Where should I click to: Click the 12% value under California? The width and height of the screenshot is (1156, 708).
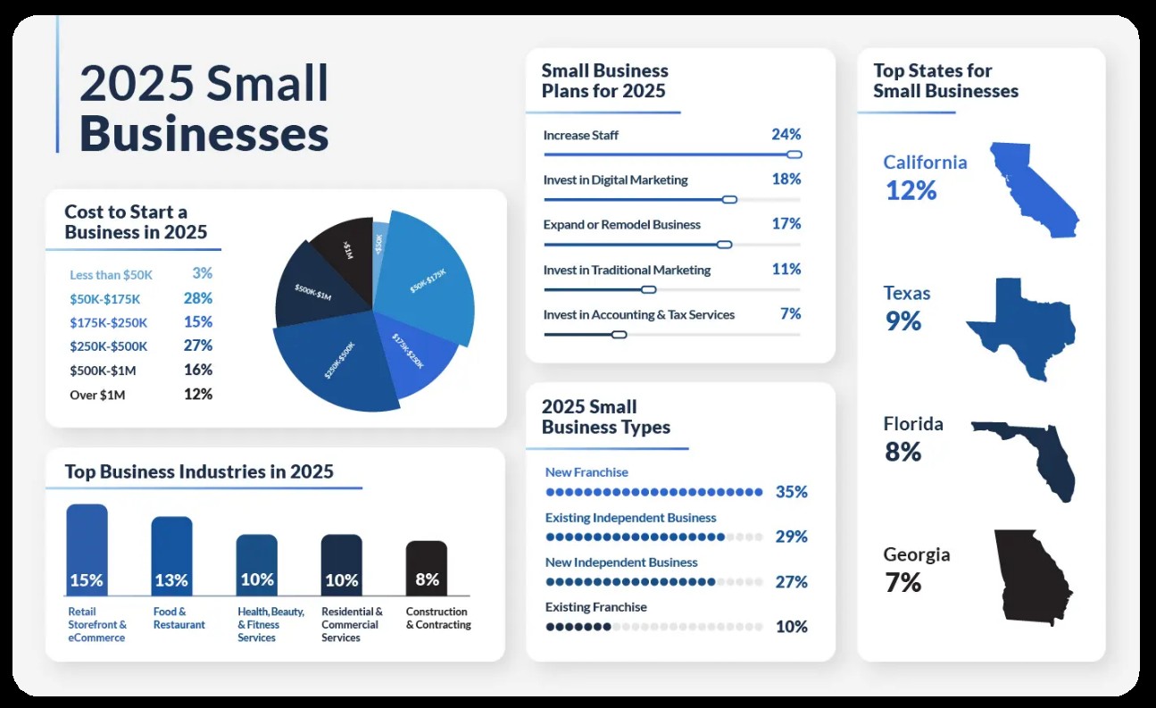(911, 190)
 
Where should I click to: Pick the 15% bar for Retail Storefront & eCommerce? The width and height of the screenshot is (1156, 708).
(87, 549)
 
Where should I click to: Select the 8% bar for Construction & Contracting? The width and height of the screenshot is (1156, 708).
(427, 569)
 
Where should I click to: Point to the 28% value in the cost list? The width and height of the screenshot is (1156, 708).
(197, 298)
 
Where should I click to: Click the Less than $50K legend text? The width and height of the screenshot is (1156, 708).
(110, 275)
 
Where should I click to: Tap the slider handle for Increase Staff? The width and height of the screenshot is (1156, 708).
(794, 154)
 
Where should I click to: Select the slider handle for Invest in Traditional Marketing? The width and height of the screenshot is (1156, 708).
(649, 289)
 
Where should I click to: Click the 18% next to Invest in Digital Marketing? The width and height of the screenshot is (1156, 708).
(786, 179)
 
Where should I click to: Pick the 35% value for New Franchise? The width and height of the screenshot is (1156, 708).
(791, 492)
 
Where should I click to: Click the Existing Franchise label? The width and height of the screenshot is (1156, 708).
(595, 607)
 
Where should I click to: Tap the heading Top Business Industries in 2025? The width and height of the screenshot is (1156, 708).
(199, 471)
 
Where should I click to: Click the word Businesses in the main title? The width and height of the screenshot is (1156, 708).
(204, 135)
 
